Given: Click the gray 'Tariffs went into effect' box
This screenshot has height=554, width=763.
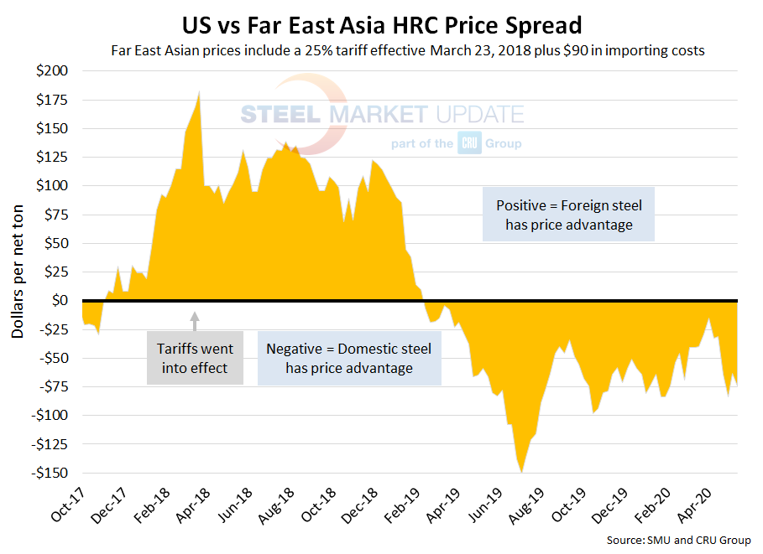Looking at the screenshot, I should coord(195,358).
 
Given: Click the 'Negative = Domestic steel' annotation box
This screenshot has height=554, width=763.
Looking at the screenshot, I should coord(349,358).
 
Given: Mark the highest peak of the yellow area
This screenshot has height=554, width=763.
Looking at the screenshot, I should coord(198,92).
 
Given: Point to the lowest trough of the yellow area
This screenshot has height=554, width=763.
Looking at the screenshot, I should coord(521,472).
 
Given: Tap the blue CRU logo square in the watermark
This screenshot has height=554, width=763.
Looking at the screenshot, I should coord(468,142).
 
